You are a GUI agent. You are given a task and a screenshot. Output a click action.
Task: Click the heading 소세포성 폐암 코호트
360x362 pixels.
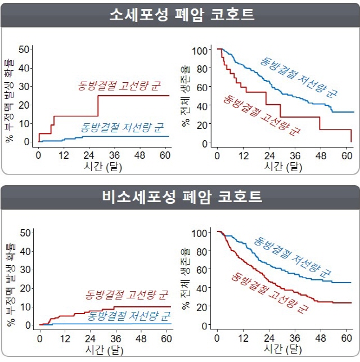(181, 15)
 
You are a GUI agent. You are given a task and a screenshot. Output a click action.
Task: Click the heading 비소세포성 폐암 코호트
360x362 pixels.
(181, 197)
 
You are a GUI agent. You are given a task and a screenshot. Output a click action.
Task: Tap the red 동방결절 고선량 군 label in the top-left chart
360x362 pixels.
(119, 86)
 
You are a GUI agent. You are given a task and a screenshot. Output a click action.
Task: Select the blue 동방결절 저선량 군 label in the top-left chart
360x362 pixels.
(121, 127)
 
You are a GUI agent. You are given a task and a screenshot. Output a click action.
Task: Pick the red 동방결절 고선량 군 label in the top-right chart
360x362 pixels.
(262, 116)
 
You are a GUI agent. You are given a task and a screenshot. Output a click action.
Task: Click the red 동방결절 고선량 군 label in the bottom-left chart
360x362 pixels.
(127, 294)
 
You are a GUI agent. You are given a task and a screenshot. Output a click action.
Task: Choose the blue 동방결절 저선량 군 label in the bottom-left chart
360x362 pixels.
(129, 315)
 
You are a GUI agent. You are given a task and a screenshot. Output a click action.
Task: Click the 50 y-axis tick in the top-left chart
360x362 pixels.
(24, 50)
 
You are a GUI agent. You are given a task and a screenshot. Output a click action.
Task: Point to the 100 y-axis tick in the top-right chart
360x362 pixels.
(201, 50)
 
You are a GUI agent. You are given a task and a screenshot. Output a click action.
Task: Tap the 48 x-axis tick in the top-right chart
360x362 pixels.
(321, 156)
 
